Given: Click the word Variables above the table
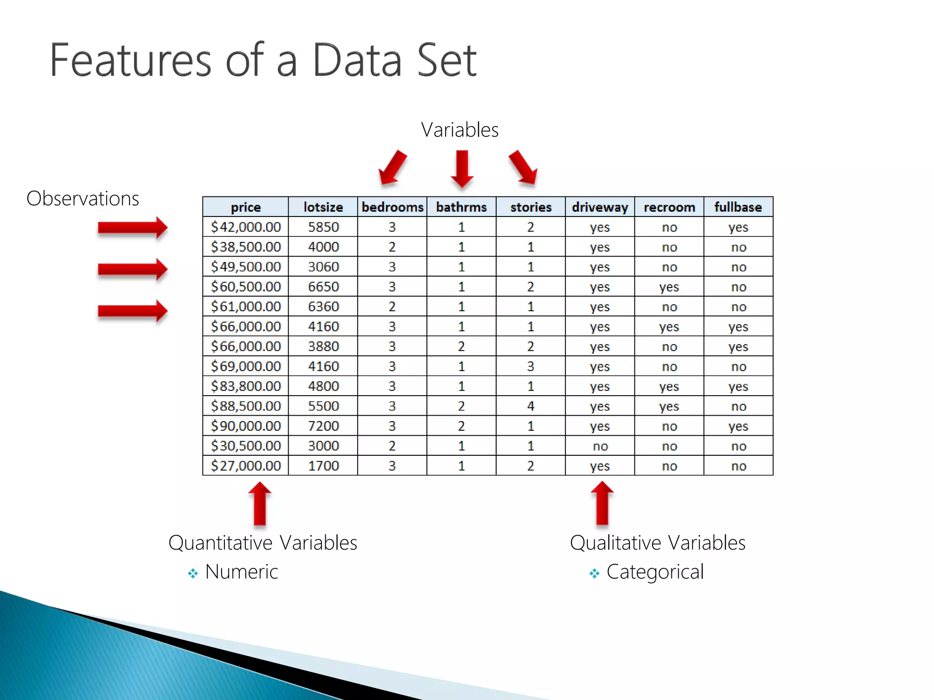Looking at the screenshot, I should (459, 130).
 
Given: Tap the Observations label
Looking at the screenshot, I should (83, 199).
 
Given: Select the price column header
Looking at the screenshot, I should (245, 207).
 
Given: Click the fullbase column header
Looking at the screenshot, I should (738, 207).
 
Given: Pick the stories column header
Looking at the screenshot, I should (530, 207).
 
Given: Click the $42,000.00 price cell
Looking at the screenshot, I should (245, 227).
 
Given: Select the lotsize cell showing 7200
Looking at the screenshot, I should (323, 426).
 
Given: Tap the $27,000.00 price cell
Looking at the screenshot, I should (245, 466).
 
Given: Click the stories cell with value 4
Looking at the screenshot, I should (530, 406).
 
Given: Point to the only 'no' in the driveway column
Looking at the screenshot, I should (600, 446).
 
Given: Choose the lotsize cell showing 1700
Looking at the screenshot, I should (323, 466).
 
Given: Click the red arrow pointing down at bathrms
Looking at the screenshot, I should (462, 169).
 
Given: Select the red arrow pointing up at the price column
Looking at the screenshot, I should (260, 504).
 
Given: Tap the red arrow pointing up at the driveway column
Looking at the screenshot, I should (602, 504).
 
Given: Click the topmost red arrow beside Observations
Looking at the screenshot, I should (133, 227).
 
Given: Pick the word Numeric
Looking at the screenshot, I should (241, 572).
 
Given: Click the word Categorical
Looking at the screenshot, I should (655, 572).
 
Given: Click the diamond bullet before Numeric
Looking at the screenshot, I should (193, 573).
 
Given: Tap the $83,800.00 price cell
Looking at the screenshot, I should (245, 386).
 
